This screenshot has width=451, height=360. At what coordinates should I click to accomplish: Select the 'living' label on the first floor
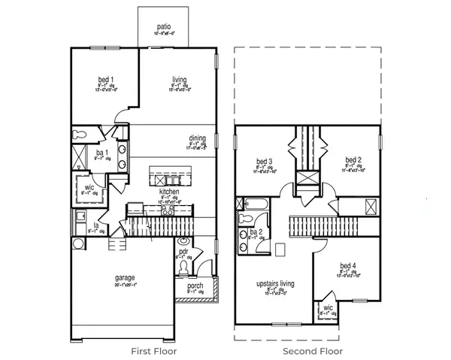(179, 79)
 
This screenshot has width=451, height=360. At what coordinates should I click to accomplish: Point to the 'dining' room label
(197, 138)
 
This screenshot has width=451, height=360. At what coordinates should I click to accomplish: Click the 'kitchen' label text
(168, 192)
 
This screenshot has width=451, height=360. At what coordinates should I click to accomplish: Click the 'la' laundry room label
(96, 225)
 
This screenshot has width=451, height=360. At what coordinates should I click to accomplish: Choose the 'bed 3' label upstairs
(264, 161)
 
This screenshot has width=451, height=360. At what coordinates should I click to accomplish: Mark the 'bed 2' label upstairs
(354, 159)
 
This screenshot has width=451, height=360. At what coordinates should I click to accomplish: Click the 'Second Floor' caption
(312, 351)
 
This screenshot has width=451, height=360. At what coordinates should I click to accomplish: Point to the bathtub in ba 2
(254, 203)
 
